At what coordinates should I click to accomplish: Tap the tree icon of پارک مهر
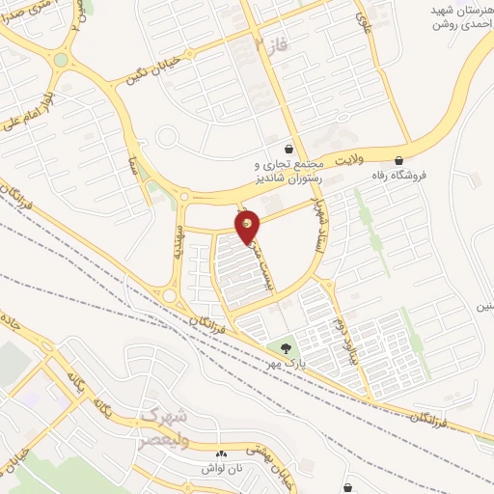284,347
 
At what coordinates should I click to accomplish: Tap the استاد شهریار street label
318,202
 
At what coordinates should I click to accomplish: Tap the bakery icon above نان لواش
221,453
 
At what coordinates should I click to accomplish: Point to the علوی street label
364,16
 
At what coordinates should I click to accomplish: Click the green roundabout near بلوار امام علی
61,60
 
